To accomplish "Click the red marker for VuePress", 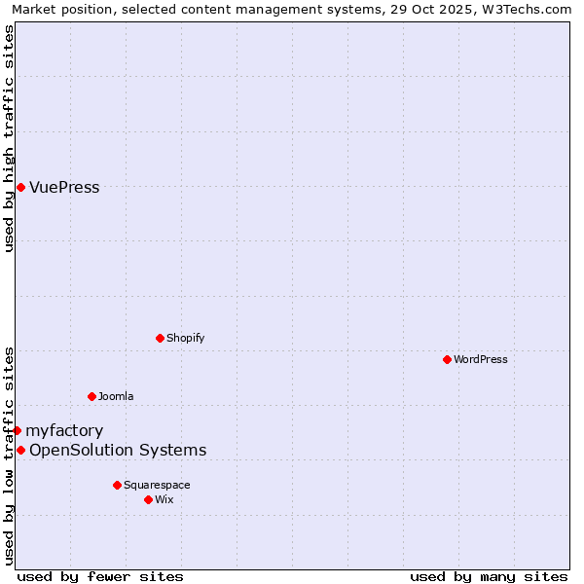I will coord(20,187).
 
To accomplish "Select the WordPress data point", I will coord(447,359).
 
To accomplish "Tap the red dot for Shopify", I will coord(160,338).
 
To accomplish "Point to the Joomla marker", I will coord(91,396).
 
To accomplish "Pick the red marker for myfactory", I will coord(17,430).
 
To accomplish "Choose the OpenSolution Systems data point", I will coord(20,450).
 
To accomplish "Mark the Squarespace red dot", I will coord(117,485).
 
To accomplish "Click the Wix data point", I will coord(148,499).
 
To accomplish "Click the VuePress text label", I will coord(64,187).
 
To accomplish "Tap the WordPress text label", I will coord(481,359).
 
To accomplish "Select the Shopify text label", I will coord(185,338).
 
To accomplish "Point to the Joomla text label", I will coord(116,396).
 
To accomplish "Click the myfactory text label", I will coord(64,430).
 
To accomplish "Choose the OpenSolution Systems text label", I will coord(118,450).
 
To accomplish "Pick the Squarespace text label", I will coord(157,485).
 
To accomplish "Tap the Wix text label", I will coord(164,499).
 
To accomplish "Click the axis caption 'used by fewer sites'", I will coord(100,576).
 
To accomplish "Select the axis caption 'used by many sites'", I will coord(489,576).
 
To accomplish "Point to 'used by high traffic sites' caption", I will coord(9,138).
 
